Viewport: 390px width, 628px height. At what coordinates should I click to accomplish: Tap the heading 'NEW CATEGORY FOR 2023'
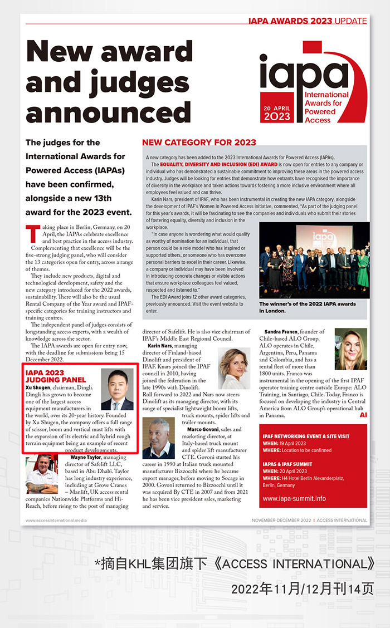pyautogui.click(x=199, y=142)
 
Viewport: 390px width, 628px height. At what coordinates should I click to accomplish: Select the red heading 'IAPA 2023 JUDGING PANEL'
pyautogui.click(x=48, y=376)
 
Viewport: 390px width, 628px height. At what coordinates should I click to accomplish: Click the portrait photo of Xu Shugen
pyautogui.click(x=117, y=390)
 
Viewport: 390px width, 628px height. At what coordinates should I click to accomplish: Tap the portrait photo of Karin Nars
pyautogui.click(x=234, y=369)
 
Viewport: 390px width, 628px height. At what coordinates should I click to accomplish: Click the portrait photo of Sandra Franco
pyautogui.click(x=351, y=349)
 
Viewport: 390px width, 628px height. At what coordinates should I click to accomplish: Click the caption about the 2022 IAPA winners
pyautogui.click(x=308, y=307)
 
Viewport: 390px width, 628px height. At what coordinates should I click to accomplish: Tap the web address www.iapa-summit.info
pyautogui.click(x=294, y=499)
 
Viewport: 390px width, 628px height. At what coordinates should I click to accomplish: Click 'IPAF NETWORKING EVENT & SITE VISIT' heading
pyautogui.click(x=306, y=436)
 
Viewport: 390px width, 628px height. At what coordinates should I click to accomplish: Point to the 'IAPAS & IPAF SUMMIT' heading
pyautogui.click(x=289, y=464)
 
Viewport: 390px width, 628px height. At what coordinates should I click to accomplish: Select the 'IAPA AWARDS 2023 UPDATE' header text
pyautogui.click(x=307, y=21)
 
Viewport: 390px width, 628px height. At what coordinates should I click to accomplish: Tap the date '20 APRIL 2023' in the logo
pyautogui.click(x=277, y=112)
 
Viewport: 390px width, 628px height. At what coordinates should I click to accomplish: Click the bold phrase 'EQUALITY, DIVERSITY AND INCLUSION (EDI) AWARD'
pyautogui.click(x=218, y=165)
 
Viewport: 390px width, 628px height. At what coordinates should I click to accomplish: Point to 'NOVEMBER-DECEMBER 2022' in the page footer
pyautogui.click(x=281, y=521)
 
